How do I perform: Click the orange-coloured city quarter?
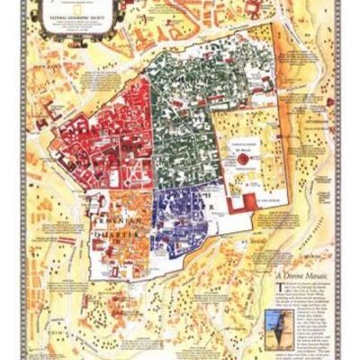click(x=121, y=225)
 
